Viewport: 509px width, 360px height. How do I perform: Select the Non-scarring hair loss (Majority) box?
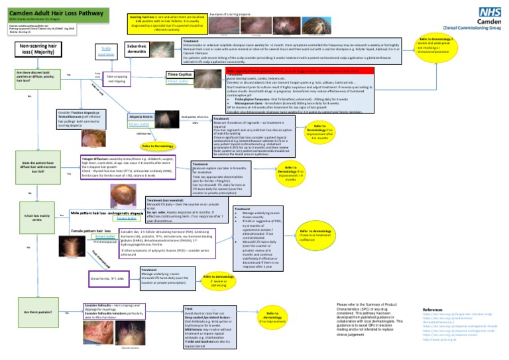[38, 51]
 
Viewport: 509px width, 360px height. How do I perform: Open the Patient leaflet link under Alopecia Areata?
[139, 123]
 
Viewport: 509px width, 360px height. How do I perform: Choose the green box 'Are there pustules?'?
[36, 311]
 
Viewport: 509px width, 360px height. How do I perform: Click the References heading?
[433, 310]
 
